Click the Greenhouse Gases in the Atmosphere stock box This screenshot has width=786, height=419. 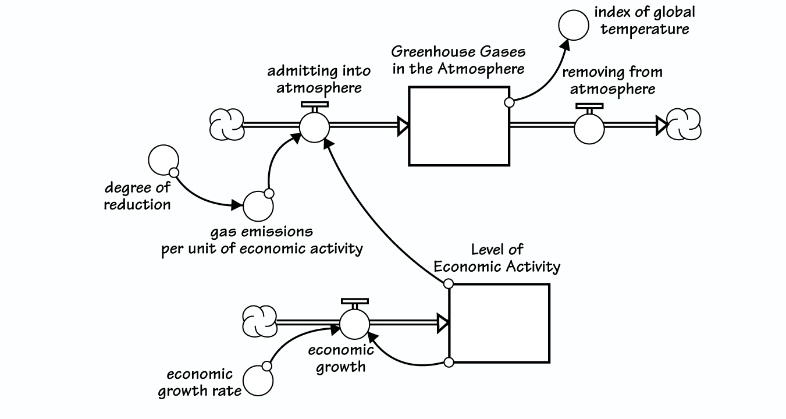[459, 126]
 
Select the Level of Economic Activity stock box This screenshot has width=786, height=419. [499, 323]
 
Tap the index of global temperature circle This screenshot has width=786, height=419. [573, 26]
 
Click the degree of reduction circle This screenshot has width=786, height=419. [163, 161]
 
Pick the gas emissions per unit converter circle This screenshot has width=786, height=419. [257, 205]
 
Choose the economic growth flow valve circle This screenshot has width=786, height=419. [354, 324]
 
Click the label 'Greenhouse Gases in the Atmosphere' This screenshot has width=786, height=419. [458, 60]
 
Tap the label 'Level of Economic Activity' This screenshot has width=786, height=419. [497, 258]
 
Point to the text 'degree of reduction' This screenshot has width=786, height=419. [137, 196]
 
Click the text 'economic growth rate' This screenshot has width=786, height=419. [200, 382]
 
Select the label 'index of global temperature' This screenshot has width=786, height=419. [644, 20]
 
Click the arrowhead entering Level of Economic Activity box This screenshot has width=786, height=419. [443, 324]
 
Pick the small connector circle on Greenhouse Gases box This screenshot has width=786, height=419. [509, 102]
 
